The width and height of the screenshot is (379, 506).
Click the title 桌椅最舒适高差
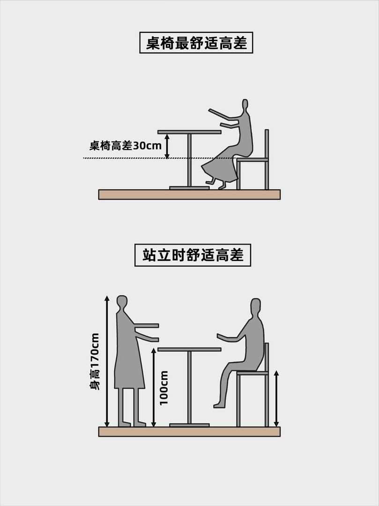point(196,43)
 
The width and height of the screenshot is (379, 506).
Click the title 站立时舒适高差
point(193,255)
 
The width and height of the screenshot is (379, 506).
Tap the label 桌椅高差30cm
point(126,146)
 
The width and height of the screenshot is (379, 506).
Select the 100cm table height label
point(164,388)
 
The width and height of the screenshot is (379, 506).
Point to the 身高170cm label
point(95,361)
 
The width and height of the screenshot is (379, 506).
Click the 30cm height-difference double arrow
point(167,147)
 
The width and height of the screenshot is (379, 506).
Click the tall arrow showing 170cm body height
point(107,361)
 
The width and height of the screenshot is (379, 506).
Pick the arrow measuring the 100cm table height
point(154,387)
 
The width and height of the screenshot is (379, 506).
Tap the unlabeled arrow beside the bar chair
point(276,399)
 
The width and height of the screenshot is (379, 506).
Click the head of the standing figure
point(122,303)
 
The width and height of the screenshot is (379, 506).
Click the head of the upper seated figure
point(245,105)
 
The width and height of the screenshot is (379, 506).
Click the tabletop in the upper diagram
point(189,132)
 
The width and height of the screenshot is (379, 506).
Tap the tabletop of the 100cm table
point(189,350)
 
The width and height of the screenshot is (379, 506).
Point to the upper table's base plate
point(189,188)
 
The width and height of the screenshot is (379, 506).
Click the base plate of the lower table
point(189,425)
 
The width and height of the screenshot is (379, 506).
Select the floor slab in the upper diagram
point(189,194)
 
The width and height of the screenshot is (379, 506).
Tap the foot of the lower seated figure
point(219,405)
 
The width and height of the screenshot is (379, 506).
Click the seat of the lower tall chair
point(253,373)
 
